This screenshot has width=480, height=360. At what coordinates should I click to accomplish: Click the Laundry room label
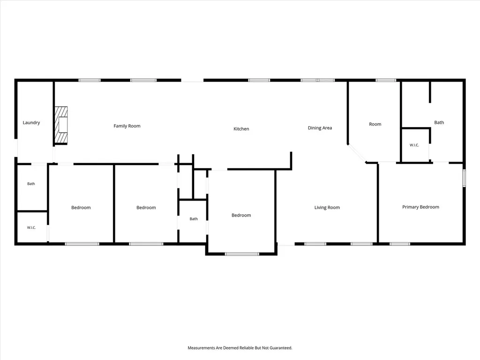[x=31, y=123]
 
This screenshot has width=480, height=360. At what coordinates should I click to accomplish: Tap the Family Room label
[x=127, y=126]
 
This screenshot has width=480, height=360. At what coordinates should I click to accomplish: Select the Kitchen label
[x=241, y=129]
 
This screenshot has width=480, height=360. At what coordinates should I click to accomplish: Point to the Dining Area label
[x=320, y=128]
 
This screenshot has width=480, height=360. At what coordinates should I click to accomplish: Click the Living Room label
[x=327, y=208]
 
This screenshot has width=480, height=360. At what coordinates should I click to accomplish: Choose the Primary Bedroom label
[x=420, y=207]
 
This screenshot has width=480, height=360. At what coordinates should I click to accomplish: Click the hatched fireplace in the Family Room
[x=61, y=125]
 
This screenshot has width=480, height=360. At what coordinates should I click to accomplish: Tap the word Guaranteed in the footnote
[x=281, y=348]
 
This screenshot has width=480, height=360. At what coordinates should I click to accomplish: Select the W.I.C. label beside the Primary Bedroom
[x=414, y=145]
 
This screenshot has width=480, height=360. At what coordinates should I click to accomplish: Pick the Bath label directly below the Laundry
[x=31, y=184]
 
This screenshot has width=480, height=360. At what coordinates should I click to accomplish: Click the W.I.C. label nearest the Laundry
[x=31, y=228]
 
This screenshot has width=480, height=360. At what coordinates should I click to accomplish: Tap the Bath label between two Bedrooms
[x=194, y=219]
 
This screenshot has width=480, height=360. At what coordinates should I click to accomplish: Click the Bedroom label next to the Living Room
[x=241, y=215]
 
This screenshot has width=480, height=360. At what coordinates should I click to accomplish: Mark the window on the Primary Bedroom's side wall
[x=464, y=178]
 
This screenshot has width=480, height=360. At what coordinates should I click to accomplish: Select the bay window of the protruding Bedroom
[x=242, y=254]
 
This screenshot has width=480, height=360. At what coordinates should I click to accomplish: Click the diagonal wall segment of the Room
[x=357, y=153]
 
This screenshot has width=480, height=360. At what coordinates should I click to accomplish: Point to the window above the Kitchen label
[x=259, y=80]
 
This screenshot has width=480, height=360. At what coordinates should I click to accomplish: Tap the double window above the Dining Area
[x=317, y=80]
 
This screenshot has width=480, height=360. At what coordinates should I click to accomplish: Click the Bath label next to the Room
[x=439, y=122]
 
